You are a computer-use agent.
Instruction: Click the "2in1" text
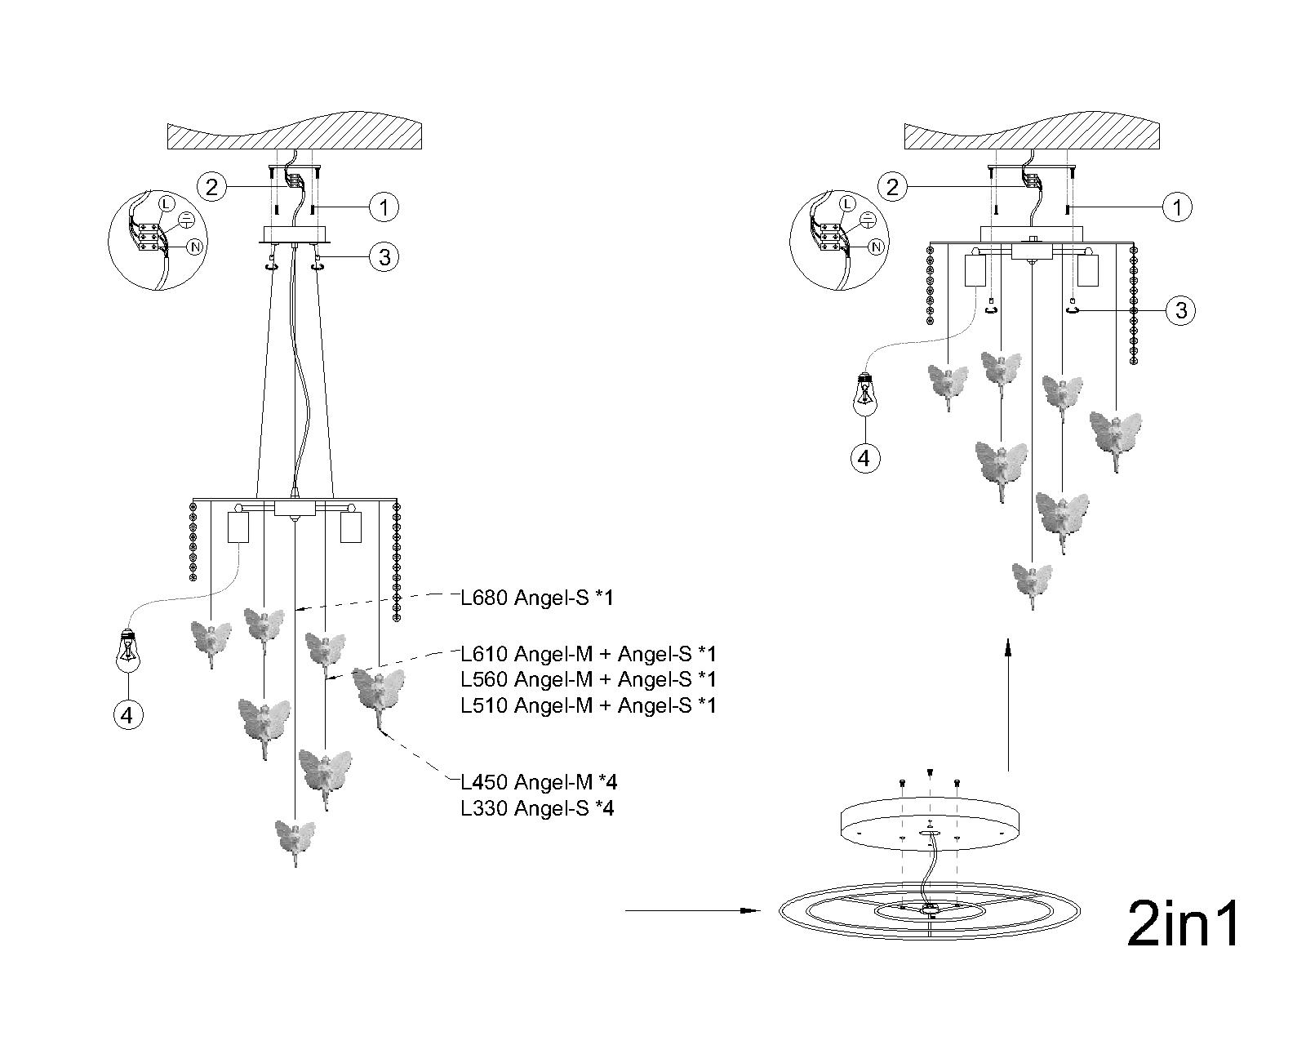1183,923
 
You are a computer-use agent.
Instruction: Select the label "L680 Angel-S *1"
536,598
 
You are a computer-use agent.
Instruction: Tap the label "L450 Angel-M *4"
539,782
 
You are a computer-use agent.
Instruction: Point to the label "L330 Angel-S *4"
537,808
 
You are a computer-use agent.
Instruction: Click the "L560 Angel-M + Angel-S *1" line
588,679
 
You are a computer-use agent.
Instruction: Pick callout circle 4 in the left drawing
127,714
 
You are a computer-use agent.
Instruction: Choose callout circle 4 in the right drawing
864,458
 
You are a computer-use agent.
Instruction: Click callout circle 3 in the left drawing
384,257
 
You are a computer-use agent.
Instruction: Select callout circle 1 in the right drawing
1176,207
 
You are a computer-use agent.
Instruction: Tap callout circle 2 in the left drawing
212,187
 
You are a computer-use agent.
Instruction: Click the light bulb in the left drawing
127,650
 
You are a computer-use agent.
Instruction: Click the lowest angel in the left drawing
295,840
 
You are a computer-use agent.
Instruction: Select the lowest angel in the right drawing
1033,583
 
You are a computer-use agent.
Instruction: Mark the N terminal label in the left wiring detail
194,246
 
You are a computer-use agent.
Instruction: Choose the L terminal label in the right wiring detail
847,202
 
